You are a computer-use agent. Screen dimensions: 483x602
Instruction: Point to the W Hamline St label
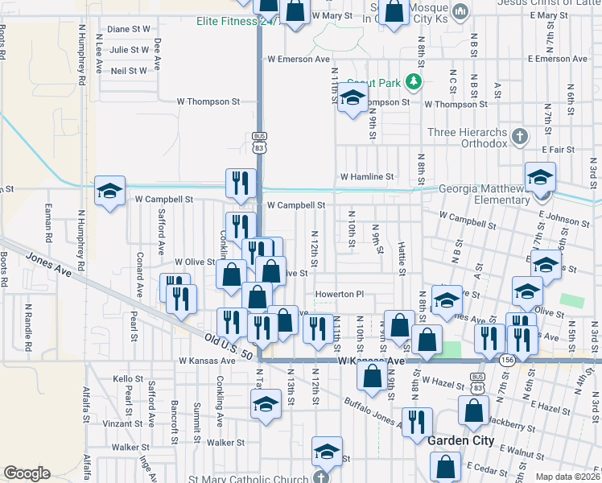point(367,176)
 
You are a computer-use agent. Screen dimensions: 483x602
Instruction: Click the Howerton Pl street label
point(340,294)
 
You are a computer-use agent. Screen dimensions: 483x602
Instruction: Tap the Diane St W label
point(129,28)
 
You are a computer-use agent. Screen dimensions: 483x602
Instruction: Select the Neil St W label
point(129,70)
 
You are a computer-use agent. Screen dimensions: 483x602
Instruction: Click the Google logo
point(27,473)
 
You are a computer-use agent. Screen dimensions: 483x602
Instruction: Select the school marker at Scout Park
point(352,98)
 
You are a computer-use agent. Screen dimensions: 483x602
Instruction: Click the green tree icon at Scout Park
point(413,80)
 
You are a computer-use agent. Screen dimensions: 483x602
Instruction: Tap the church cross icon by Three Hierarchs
point(520,137)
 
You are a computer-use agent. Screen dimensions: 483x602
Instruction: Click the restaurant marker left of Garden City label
point(417,422)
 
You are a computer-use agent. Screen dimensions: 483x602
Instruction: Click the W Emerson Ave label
point(299,59)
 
